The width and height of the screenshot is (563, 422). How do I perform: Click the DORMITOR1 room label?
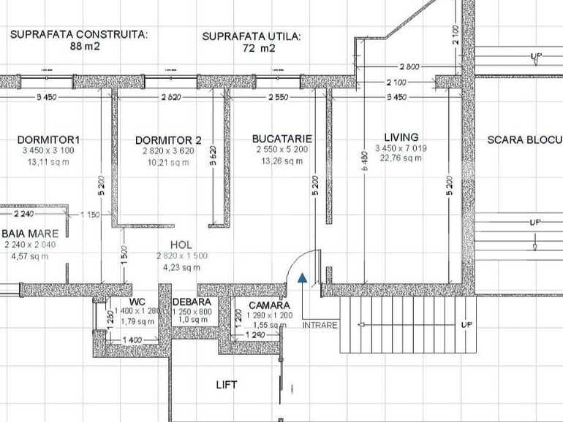48,139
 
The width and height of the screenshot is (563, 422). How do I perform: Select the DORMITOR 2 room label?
168,140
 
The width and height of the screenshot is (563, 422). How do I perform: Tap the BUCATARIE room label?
282,138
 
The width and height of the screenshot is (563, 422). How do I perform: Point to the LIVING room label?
401,137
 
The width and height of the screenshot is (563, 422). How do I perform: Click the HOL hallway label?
181,245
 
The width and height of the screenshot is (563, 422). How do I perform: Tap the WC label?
137,302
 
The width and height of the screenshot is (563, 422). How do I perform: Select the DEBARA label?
192,302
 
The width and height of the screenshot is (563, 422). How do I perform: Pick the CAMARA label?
269,305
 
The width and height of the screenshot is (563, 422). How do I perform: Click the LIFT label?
227,384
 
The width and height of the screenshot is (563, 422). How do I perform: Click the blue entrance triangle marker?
302,277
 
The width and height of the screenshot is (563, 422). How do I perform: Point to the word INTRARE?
320,325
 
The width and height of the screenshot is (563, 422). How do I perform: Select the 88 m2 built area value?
85,46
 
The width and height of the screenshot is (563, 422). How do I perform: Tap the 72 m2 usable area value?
259,49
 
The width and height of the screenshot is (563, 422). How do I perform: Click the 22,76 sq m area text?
401,158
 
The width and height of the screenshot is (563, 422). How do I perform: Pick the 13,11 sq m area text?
48,162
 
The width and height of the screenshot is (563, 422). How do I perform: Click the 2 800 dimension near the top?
409,66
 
